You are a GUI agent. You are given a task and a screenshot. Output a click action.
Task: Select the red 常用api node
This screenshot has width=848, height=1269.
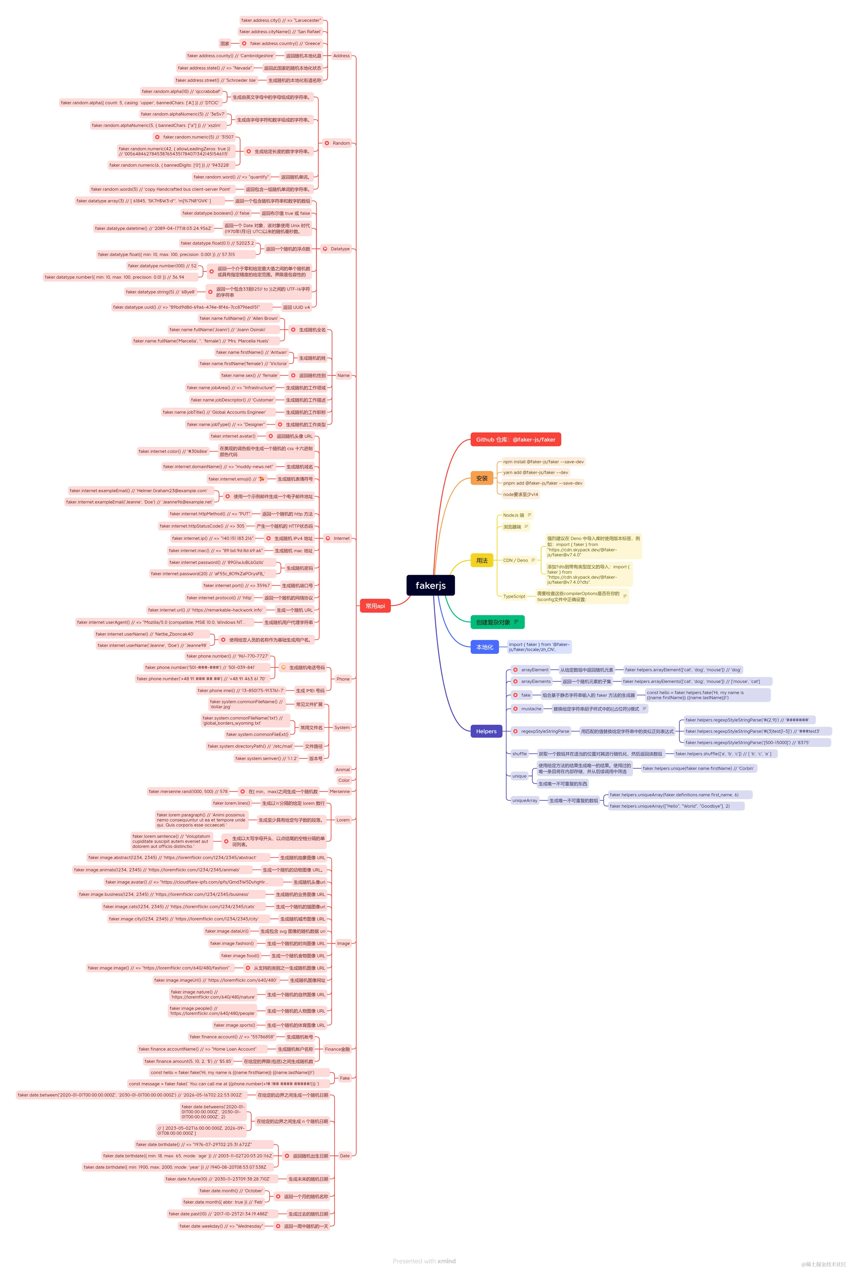(375, 606)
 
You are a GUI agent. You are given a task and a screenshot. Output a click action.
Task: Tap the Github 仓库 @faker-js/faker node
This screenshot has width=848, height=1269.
(515, 439)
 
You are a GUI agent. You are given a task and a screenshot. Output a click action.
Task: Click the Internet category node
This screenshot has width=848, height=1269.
(341, 538)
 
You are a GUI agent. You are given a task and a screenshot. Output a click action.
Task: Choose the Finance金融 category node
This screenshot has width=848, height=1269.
(337, 1049)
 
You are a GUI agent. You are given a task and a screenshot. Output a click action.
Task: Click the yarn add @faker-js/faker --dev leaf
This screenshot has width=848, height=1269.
(535, 472)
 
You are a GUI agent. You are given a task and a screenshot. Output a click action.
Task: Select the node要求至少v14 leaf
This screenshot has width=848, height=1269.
(520, 494)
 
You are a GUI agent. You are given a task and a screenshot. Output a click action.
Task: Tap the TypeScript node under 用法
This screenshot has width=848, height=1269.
(514, 596)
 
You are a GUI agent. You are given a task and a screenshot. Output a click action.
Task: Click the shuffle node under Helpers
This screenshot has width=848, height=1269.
(519, 753)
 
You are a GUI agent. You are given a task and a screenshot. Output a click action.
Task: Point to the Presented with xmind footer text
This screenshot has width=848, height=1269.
(424, 1261)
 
